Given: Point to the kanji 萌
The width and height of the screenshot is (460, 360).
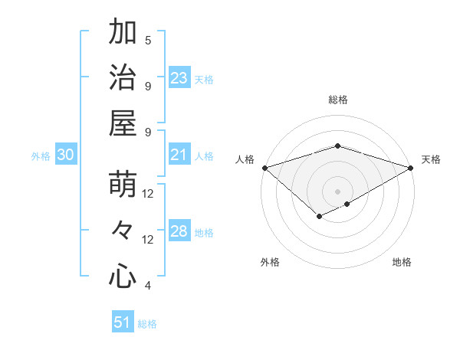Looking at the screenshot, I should (123, 185).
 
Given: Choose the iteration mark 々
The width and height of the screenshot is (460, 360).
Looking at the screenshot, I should (123, 231).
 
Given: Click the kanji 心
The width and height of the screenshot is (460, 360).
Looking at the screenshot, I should (123, 276).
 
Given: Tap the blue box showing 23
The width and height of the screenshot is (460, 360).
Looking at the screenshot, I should (179, 78).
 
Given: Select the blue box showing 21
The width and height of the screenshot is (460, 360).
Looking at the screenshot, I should (179, 155).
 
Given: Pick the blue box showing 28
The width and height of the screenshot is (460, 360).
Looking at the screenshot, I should (179, 231).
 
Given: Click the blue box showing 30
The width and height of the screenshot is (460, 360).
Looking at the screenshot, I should (65, 155).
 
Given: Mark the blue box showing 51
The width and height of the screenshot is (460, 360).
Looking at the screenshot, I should (123, 322).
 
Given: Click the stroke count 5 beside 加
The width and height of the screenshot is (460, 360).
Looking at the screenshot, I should (148, 40).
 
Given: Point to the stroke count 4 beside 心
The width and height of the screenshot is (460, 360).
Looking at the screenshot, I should (148, 286).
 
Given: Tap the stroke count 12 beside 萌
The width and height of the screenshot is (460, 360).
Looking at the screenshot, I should (148, 194).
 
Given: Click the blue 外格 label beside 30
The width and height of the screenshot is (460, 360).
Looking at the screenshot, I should (41, 155).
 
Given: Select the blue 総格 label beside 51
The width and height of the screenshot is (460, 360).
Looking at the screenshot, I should (147, 324).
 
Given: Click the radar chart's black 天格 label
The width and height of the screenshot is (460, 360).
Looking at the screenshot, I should (431, 159).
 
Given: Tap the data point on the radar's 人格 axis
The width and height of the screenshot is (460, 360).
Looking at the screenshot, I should (264, 168).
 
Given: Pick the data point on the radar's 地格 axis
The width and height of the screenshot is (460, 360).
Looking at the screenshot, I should (347, 204).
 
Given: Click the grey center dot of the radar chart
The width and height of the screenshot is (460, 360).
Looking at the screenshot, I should (337, 190).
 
